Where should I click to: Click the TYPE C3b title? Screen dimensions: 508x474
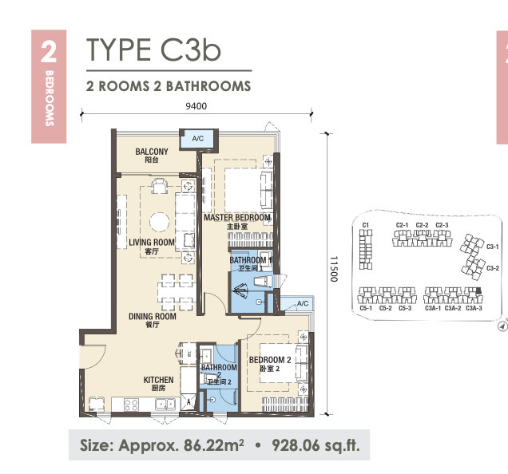coord(153,49)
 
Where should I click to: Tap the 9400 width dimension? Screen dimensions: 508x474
coord(196,106)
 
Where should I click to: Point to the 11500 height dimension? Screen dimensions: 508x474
coord(334,269)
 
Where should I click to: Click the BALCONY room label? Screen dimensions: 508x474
coord(152,152)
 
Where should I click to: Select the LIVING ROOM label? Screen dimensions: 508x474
coord(152,242)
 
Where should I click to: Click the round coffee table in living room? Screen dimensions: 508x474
coord(160,222)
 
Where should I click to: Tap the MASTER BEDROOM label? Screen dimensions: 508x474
coord(237,217)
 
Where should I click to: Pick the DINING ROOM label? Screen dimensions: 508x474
coord(153,316)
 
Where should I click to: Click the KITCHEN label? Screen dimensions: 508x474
coord(158,380)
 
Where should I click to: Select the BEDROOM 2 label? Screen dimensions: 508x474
coord(270,360)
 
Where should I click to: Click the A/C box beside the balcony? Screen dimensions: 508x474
coord(197,139)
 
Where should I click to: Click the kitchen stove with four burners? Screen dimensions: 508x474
coord(131,405)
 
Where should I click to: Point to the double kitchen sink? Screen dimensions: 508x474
coord(165,404)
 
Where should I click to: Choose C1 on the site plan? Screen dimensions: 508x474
coord(366,225)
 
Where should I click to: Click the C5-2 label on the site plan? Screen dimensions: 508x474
coord(385,308)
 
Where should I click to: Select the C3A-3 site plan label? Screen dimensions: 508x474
coord(474,308)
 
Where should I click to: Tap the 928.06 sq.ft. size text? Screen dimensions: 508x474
coord(316,445)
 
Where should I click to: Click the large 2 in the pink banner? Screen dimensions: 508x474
coord(49,53)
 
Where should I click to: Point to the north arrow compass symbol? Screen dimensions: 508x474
coord(502,326)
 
